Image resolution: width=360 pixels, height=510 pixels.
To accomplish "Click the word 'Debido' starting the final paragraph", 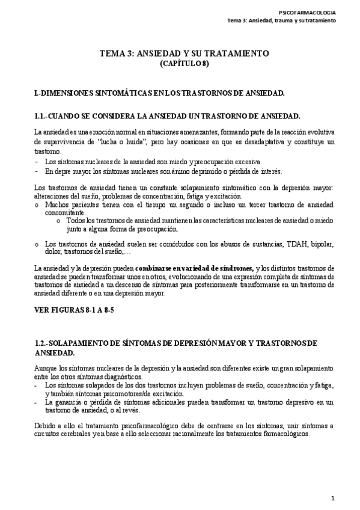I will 45,426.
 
